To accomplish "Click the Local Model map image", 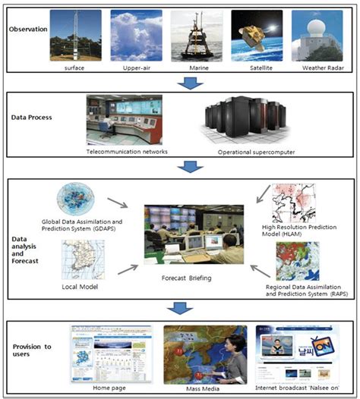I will pos(83,260).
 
